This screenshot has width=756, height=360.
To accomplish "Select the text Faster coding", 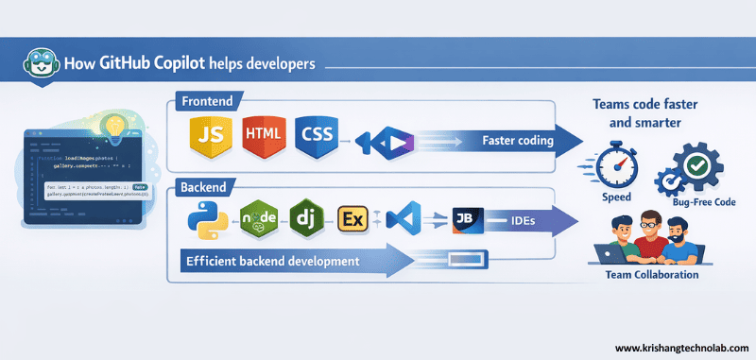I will (517, 141).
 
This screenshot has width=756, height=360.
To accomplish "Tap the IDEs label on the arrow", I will (526, 221).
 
